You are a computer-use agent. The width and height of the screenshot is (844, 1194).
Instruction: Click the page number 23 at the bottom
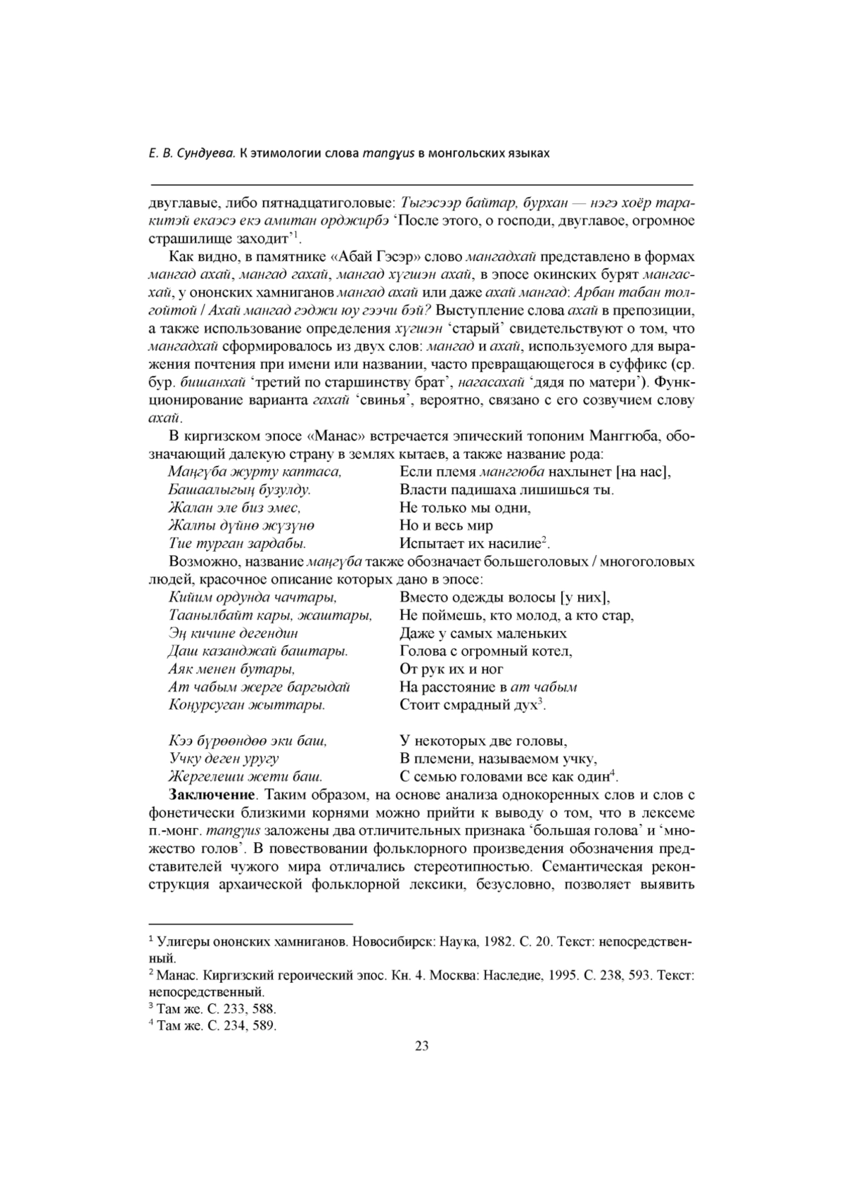422,1046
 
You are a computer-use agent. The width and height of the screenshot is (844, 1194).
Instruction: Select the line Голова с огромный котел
485,651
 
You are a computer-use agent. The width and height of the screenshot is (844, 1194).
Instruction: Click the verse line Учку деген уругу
224,758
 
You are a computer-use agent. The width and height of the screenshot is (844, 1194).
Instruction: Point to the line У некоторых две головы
483,741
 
